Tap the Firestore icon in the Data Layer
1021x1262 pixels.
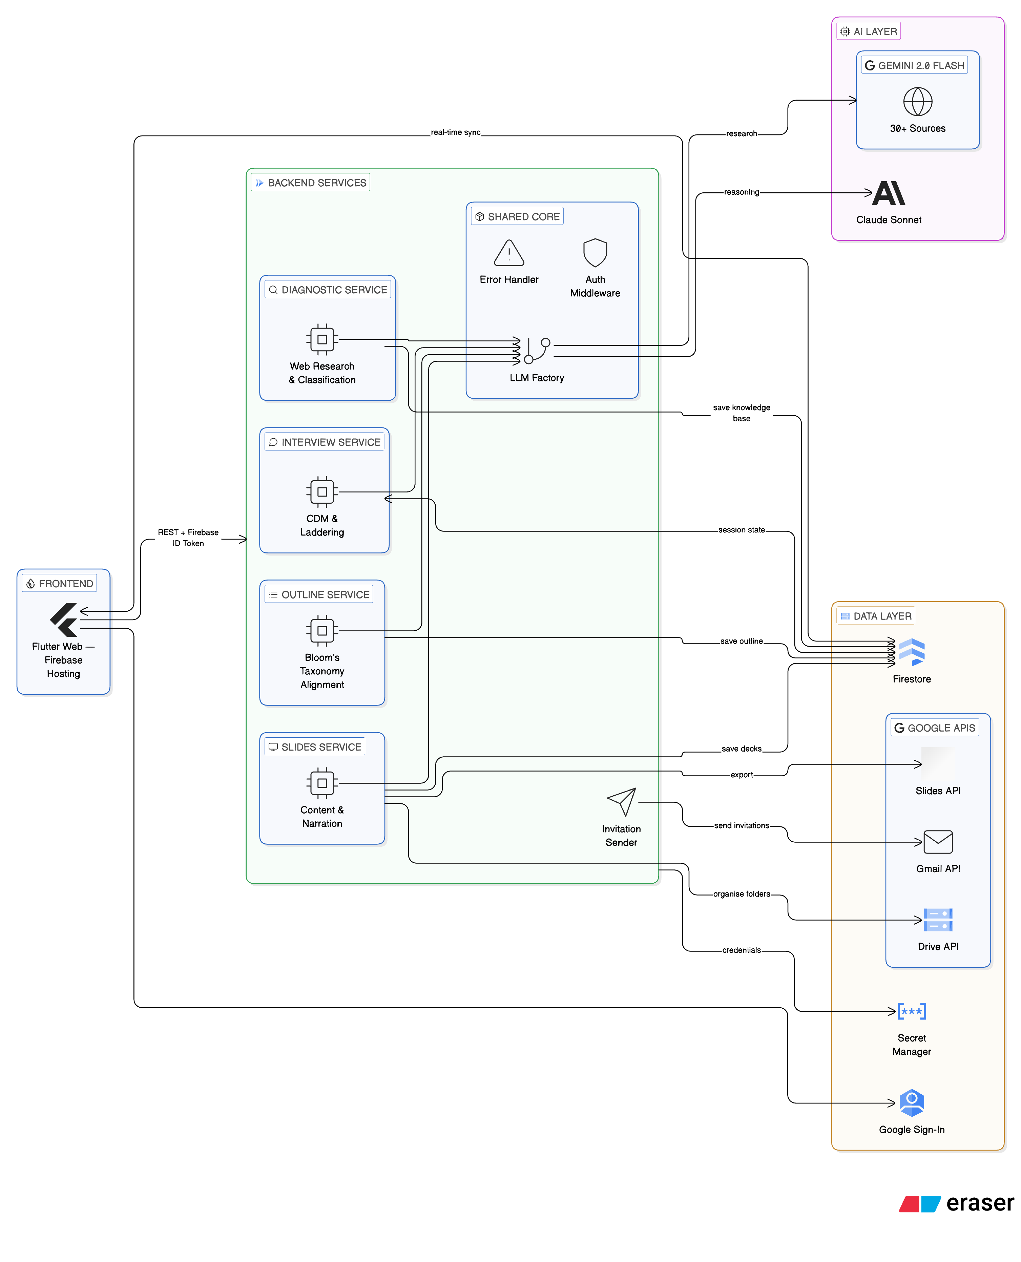pyautogui.click(x=912, y=652)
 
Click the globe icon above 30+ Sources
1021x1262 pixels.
pyautogui.click(x=917, y=101)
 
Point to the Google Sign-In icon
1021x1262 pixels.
pyautogui.click(x=912, y=1102)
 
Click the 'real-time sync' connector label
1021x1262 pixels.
pyautogui.click(x=456, y=132)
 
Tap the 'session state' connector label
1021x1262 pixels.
pyautogui.click(x=741, y=530)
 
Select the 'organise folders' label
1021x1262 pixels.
pyautogui.click(x=741, y=894)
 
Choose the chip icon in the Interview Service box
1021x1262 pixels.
pyautogui.click(x=322, y=492)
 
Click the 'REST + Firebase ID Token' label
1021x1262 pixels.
pyautogui.click(x=188, y=538)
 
